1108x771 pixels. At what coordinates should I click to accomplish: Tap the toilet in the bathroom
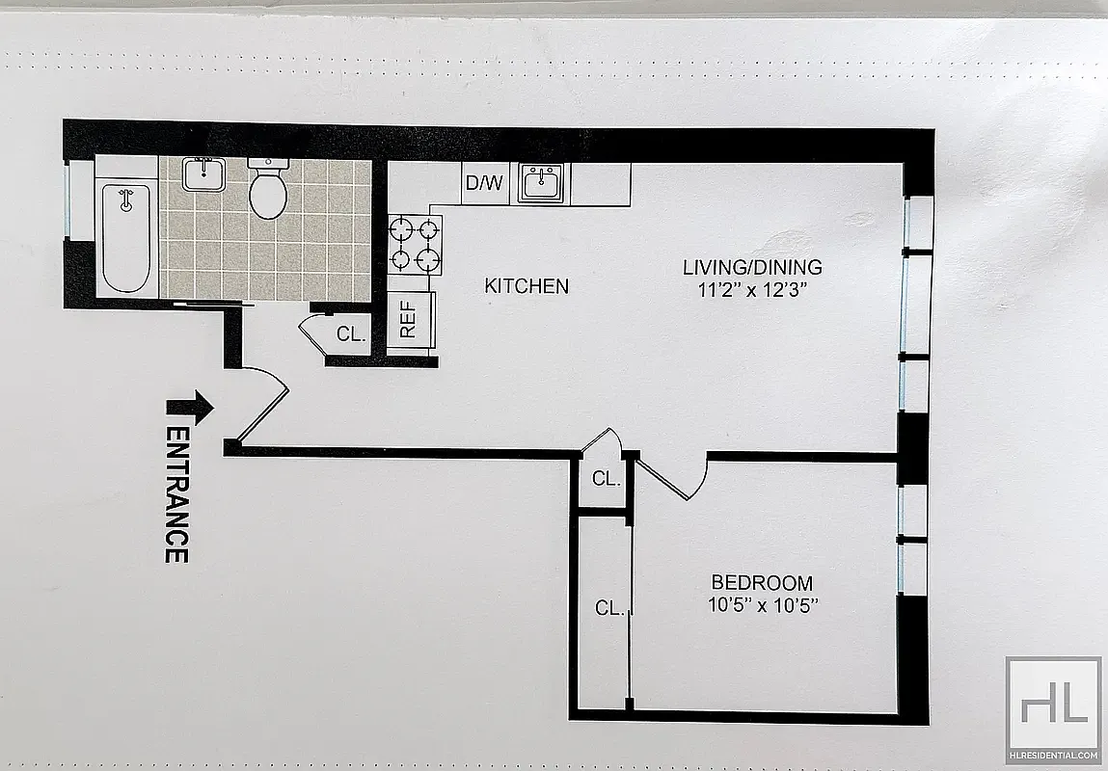point(267,190)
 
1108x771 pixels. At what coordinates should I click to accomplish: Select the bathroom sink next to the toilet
point(203,176)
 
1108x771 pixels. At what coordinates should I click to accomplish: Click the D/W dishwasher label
point(484,183)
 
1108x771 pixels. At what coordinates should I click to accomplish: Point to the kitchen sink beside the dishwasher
point(544,182)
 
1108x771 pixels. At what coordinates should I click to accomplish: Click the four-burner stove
point(416,245)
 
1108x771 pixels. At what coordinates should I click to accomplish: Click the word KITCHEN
point(526,286)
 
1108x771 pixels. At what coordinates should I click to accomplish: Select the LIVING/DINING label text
point(751,267)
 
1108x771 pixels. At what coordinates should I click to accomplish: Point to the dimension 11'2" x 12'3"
point(751,287)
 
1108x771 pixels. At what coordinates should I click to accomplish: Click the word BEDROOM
point(761,583)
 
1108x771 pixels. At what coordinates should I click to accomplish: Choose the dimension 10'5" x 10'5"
point(761,605)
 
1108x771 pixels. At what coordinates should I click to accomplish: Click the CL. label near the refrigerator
point(351,334)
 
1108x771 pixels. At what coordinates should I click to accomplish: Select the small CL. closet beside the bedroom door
point(605,478)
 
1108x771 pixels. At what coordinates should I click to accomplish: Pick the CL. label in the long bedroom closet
point(609,608)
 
